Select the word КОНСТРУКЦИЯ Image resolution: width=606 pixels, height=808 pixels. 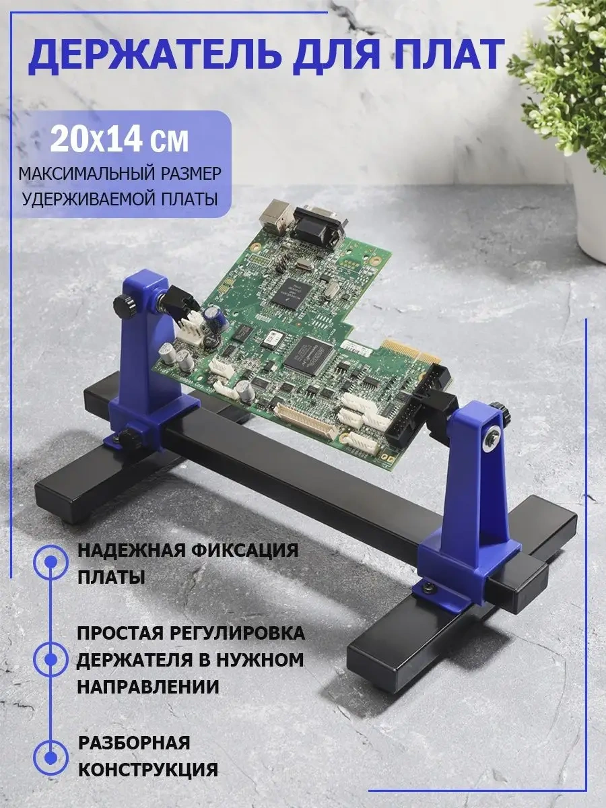tap(148, 769)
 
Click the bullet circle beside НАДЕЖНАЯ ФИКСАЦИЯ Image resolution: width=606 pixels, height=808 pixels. tap(50, 562)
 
